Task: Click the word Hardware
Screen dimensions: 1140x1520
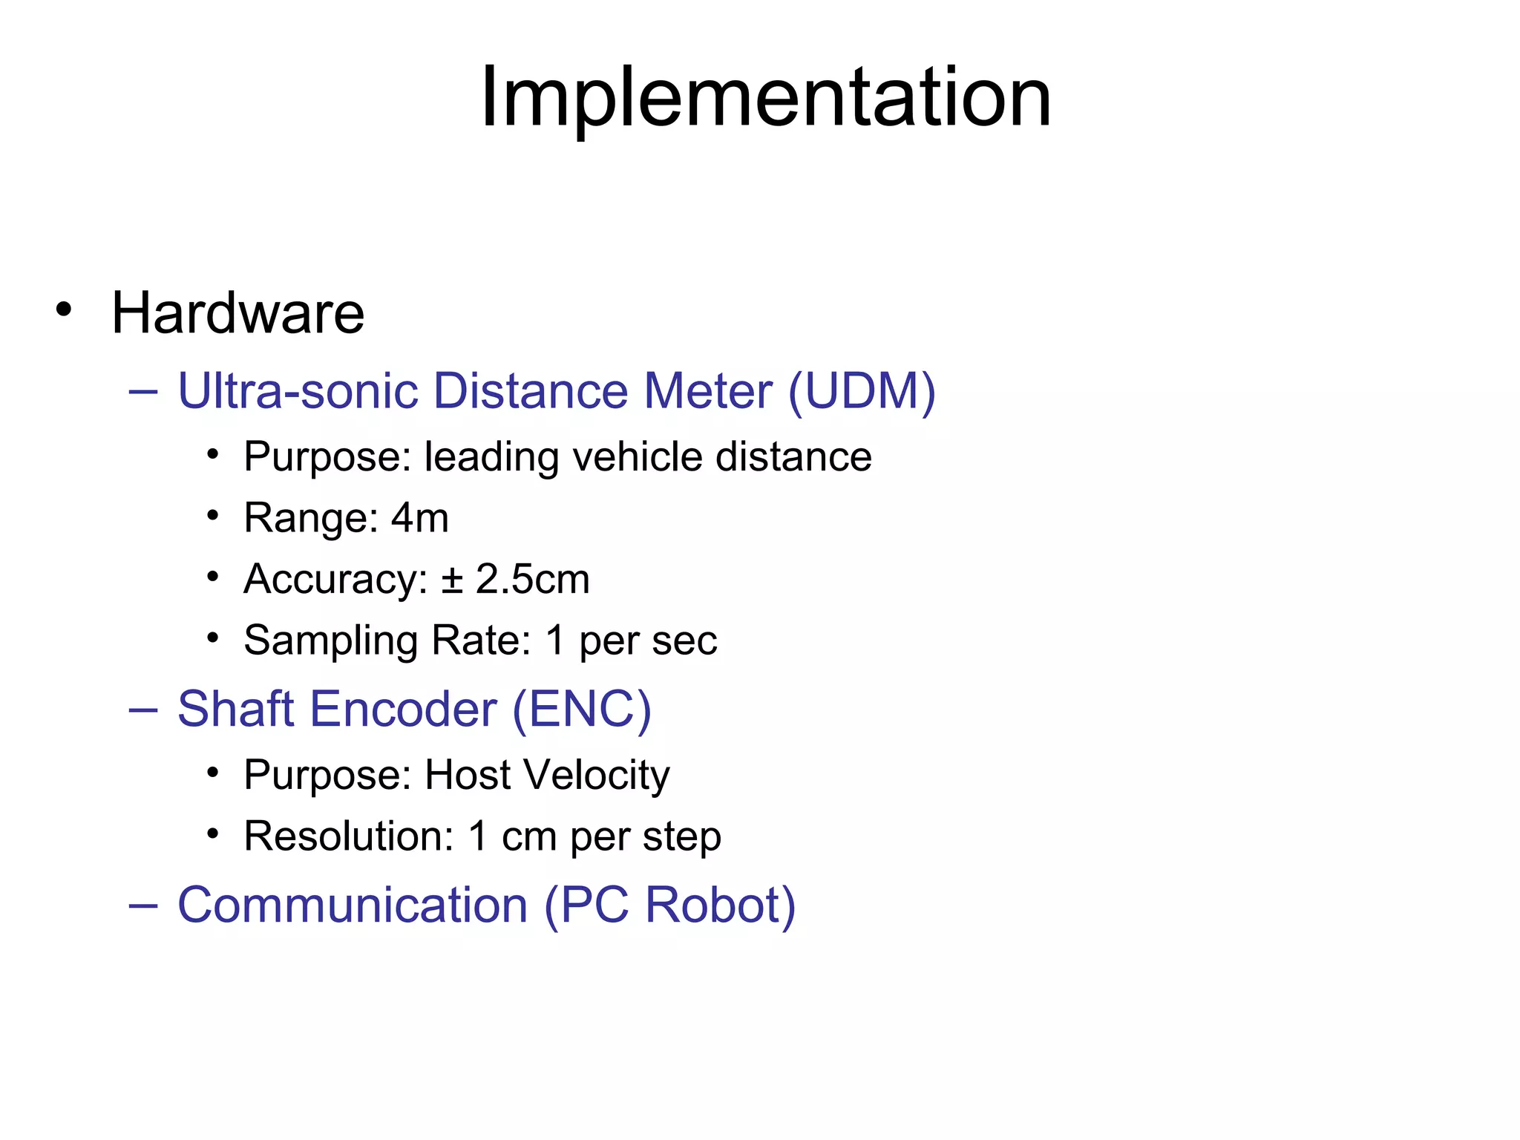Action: point(237,313)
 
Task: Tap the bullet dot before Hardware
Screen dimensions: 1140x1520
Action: point(64,309)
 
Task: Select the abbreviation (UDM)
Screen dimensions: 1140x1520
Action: point(862,391)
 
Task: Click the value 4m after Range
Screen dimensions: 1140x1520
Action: point(420,518)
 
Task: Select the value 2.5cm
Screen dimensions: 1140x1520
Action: point(532,580)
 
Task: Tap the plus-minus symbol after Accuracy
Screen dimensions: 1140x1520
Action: point(452,580)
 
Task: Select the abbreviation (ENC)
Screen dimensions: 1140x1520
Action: point(582,710)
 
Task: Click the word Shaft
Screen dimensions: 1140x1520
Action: point(236,710)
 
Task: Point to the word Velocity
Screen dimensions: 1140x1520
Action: point(597,776)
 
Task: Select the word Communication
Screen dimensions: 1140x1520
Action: point(353,905)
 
